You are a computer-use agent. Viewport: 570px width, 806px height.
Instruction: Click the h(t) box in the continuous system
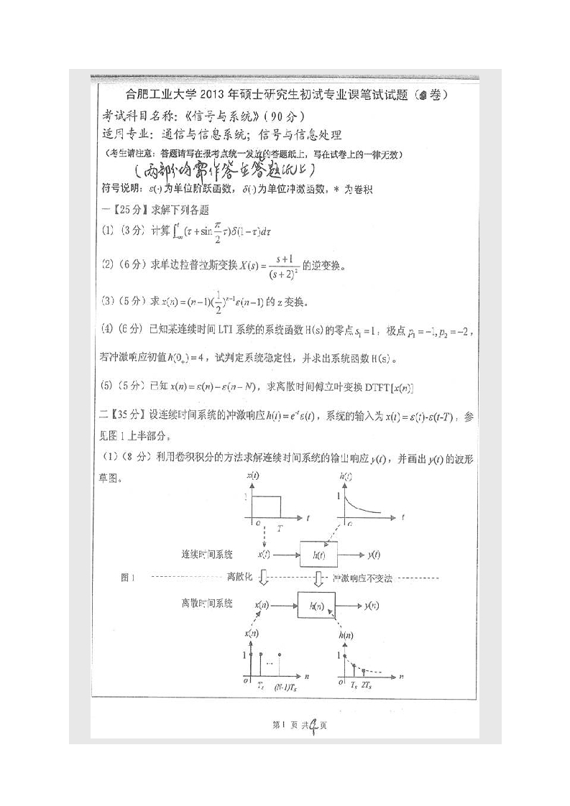coord(317,555)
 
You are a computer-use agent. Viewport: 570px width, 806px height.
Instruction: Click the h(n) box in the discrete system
coord(317,606)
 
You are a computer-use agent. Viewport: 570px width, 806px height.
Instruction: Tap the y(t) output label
coord(373,555)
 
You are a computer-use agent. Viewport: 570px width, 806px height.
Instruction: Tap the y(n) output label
coord(371,606)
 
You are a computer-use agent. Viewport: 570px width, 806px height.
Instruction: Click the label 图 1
coord(129,578)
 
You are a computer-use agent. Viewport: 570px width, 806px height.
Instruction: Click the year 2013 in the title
coord(210,96)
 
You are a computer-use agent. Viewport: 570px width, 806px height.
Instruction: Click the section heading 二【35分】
coord(122,415)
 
